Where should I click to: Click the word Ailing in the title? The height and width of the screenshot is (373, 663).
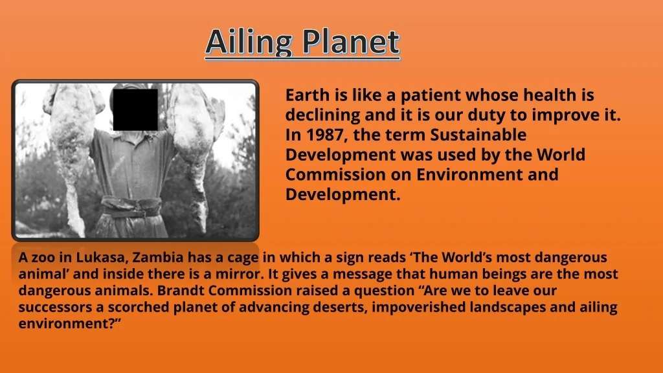[x=249, y=43]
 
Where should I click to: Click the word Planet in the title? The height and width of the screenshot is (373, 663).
[x=351, y=42]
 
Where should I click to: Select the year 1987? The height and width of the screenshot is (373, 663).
[x=327, y=135]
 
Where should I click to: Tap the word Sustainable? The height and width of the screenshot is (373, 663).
[x=478, y=135]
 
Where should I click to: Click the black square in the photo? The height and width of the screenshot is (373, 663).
[x=135, y=109]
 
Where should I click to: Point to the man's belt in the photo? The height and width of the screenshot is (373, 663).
[x=131, y=207]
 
